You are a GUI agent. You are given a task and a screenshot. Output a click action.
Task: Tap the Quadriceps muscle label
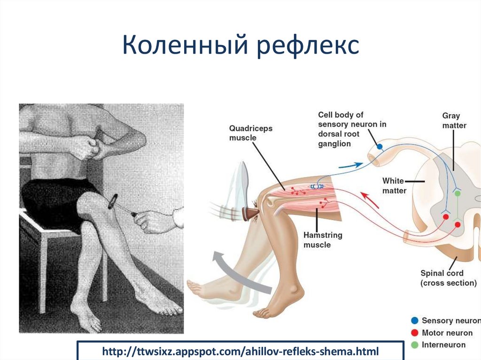tap(250, 133)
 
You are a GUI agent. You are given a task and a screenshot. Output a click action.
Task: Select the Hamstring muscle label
tap(323, 240)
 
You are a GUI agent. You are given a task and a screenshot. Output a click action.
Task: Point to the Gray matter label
tap(454, 120)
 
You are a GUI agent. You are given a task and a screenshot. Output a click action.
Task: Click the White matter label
tap(394, 185)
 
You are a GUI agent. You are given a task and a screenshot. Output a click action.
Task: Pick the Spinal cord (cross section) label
tap(448, 278)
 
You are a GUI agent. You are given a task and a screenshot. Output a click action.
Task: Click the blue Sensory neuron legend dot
tap(415, 321)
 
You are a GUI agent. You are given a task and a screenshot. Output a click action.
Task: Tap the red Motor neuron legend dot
tap(415, 333)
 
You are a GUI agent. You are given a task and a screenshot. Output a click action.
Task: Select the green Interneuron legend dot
tap(415, 345)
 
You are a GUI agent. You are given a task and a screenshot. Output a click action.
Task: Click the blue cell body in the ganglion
tap(380, 147)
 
